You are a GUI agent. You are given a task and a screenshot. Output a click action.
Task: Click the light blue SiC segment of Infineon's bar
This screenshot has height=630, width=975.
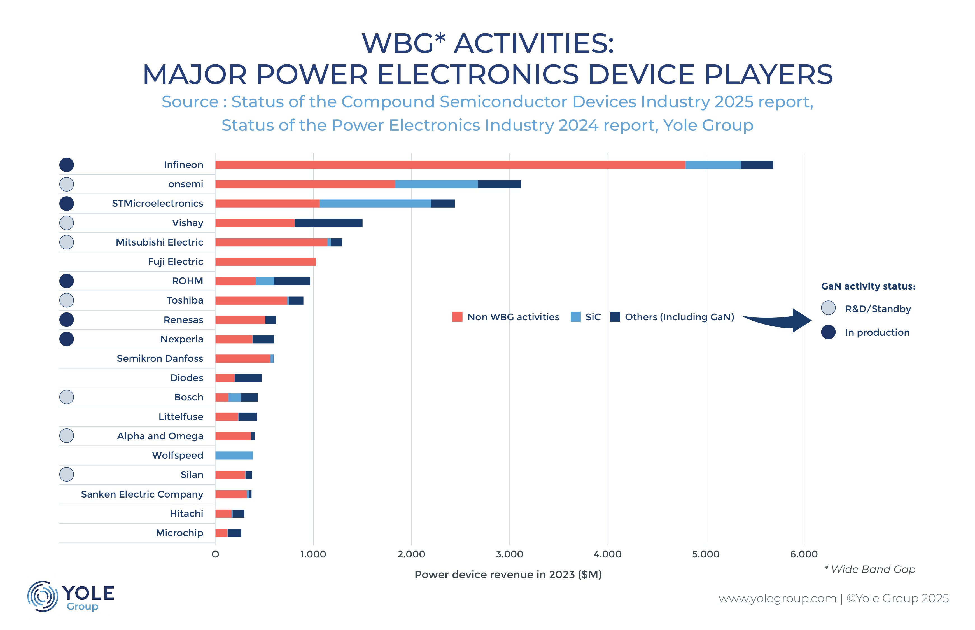point(713,165)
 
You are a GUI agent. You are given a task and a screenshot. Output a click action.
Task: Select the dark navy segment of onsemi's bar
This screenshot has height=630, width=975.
point(499,184)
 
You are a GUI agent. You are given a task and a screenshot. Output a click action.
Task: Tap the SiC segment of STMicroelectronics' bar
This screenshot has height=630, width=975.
point(375,203)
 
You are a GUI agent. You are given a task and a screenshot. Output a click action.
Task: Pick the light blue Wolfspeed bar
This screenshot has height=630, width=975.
point(234,455)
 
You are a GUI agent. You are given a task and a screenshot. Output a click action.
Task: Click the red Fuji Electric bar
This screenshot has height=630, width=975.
point(265,262)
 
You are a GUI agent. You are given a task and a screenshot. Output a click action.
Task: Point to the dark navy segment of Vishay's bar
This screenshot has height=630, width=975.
point(328,223)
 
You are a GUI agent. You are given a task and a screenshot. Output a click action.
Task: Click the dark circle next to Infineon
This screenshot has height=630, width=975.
point(67,165)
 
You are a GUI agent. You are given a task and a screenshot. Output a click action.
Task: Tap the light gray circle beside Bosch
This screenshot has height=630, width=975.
point(67,397)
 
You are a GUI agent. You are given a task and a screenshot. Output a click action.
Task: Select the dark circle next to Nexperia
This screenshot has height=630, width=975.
point(67,339)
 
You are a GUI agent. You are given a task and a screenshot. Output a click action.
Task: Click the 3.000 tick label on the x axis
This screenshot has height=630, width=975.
point(509,554)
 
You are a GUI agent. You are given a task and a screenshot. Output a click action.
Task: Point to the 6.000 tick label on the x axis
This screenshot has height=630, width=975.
point(803,554)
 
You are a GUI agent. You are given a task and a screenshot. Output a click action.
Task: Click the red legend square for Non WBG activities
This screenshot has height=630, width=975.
point(457,317)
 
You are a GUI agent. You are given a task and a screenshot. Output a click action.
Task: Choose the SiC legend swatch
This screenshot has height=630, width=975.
point(575,317)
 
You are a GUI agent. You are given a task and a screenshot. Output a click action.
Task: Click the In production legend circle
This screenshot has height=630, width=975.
point(828,332)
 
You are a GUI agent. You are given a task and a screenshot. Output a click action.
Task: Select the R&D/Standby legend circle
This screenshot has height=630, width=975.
point(828,308)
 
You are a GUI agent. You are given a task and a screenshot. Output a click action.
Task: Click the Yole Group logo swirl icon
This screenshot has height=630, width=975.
point(42,596)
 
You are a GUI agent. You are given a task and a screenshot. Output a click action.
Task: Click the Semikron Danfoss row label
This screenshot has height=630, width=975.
point(160,358)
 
